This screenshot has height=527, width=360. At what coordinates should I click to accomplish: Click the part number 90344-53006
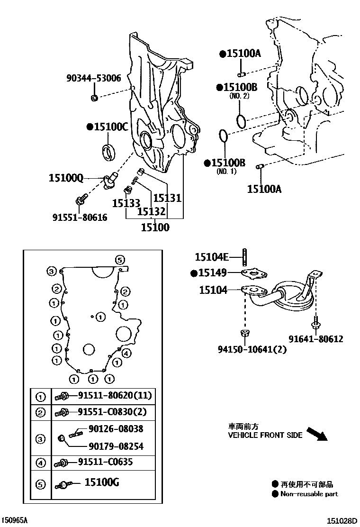click(x=93, y=79)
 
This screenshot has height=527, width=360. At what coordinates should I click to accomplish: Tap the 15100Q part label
click(x=66, y=178)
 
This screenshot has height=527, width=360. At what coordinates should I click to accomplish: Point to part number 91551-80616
click(x=80, y=218)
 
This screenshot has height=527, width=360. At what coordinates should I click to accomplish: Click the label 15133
click(x=126, y=203)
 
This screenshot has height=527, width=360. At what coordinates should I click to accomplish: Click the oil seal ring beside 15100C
click(x=110, y=151)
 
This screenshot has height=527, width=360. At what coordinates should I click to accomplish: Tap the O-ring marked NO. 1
click(x=224, y=136)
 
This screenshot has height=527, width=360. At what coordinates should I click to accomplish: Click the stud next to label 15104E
click(x=244, y=257)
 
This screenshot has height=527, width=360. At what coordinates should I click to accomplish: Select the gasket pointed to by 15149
click(x=254, y=273)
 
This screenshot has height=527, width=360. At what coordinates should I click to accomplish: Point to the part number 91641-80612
click(x=316, y=339)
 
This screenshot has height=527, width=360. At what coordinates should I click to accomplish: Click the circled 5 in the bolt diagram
click(x=120, y=259)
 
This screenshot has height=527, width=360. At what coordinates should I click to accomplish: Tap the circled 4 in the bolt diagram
click(x=126, y=353)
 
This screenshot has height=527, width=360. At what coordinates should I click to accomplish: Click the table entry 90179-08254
click(x=116, y=446)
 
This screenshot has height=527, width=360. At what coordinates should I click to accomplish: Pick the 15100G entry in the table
click(x=101, y=483)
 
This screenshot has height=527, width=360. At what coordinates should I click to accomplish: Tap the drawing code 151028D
click(x=343, y=520)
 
